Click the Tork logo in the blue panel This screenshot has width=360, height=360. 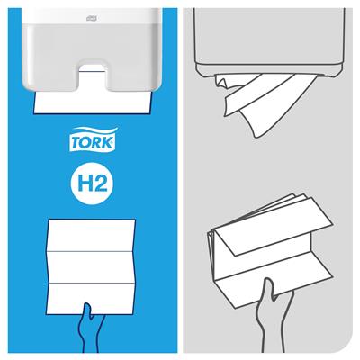(x=93, y=139)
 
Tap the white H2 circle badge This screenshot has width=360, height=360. (x=93, y=183)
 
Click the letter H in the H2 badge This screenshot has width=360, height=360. (x=84, y=183)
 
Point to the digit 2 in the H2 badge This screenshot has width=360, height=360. (x=100, y=183)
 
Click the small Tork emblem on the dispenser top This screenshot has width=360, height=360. (x=92, y=19)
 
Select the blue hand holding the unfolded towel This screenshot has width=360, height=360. (x=90, y=327)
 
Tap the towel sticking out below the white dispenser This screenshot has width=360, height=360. (x=93, y=103)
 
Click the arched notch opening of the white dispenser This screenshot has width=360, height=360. (x=94, y=76)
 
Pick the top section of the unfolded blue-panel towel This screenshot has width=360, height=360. (x=91, y=235)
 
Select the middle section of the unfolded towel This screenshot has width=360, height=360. (x=91, y=267)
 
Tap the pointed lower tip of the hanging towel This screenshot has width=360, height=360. (x=256, y=137)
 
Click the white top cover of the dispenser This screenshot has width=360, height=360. (x=92, y=16)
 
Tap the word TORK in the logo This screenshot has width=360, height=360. (x=93, y=143)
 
